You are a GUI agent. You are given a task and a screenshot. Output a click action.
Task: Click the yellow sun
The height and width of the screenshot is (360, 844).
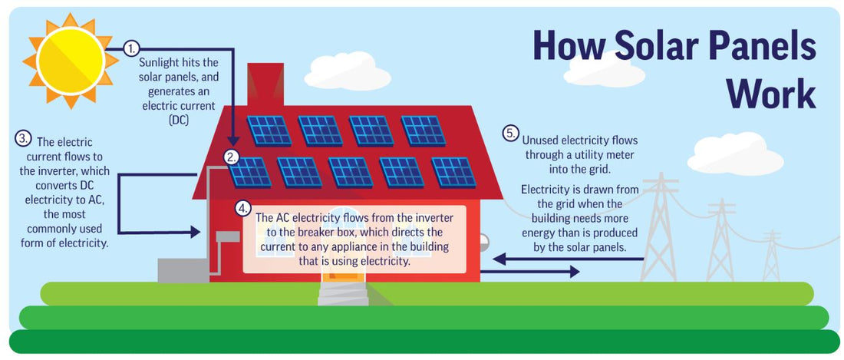point(71,61)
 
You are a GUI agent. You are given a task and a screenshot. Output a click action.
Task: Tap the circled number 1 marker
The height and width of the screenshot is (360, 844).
point(131,49)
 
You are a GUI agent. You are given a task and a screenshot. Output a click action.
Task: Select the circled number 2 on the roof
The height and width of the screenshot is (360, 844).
point(232,157)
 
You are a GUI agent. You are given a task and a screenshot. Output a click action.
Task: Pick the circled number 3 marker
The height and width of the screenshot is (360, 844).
point(23,137)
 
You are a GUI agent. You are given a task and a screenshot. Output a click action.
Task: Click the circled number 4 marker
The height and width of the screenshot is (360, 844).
point(243,207)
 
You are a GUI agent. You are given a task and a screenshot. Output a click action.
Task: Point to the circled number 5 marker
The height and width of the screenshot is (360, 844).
point(511,133)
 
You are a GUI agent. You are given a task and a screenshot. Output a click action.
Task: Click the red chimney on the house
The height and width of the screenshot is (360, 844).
point(265,84)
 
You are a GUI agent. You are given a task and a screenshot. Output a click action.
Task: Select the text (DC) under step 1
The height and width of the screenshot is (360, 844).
point(178,121)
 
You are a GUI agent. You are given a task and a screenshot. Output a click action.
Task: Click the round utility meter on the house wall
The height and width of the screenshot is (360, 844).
point(484,240)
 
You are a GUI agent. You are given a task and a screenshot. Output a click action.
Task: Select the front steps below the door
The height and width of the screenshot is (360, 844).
point(343,294)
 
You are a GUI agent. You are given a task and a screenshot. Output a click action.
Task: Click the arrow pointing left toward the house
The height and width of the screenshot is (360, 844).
point(569,259)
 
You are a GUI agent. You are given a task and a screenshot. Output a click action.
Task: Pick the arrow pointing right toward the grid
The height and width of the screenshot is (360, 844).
point(529,272)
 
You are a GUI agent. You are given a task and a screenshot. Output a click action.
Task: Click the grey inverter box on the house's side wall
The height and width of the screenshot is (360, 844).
point(228,236)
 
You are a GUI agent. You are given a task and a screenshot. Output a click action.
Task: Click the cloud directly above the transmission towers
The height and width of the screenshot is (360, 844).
point(735,154)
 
